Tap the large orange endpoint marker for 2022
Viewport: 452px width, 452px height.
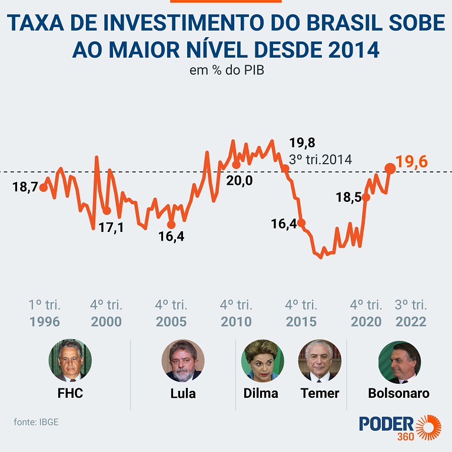coord(390,168)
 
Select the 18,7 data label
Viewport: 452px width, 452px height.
coord(25,187)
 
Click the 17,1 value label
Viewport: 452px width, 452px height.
coord(111,227)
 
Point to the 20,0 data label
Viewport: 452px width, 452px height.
coord(239,180)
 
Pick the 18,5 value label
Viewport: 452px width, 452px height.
coord(348,198)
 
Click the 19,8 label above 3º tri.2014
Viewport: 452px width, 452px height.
coord(303,143)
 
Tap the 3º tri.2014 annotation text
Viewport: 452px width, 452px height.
coord(320,159)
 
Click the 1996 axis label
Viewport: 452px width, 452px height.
coord(45,322)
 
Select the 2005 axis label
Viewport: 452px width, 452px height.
coord(171,322)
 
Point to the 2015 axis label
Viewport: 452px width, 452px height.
coord(301,322)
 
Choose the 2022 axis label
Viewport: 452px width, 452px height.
coord(411,322)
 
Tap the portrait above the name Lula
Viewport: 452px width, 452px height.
coord(183,360)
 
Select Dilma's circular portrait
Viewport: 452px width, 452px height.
coord(261,360)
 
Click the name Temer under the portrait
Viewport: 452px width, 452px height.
coord(320,393)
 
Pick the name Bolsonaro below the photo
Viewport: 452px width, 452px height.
coord(398,393)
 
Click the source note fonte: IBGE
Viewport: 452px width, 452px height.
coord(36,422)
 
